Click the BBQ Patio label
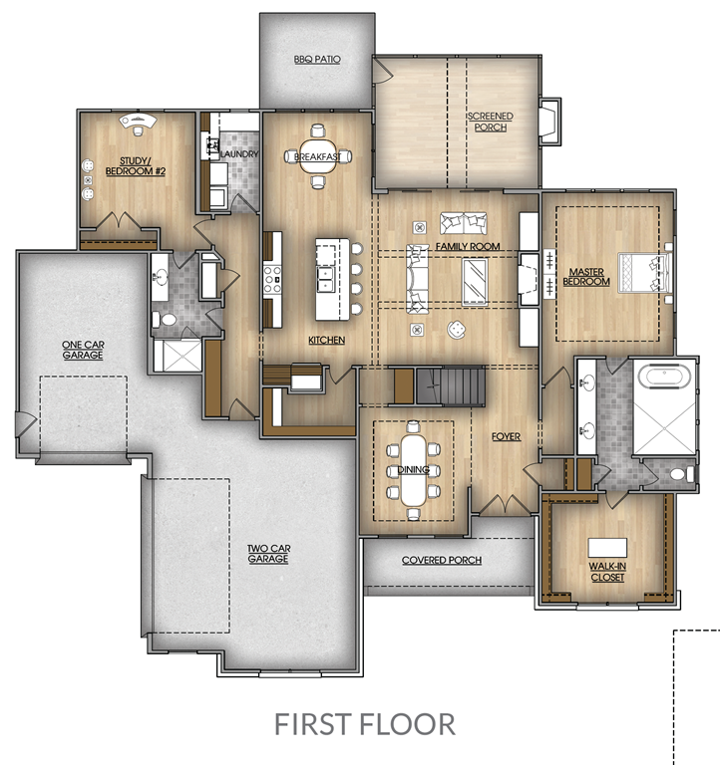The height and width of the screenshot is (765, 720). [317, 59]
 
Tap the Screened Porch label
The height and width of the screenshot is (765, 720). [491, 122]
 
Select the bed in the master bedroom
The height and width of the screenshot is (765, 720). [645, 272]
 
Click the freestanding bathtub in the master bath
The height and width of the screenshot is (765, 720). [664, 377]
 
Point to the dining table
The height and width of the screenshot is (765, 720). [413, 470]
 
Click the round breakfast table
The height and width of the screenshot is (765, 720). [317, 156]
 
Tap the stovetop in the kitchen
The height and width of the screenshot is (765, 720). [272, 280]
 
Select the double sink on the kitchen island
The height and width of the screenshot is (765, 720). [325, 279]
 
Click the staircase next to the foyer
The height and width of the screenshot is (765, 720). [451, 385]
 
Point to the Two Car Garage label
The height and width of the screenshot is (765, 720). [268, 554]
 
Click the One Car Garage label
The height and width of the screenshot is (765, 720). [83, 350]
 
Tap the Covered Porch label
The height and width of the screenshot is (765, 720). [442, 560]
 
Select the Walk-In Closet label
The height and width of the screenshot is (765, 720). [607, 572]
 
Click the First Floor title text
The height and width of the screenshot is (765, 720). [364, 724]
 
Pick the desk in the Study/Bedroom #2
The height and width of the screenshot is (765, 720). [139, 121]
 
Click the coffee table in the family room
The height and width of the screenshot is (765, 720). [475, 282]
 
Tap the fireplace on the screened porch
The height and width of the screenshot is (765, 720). [550, 121]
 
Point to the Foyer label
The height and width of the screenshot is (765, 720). [506, 436]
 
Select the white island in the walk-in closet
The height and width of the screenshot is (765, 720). [607, 548]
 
